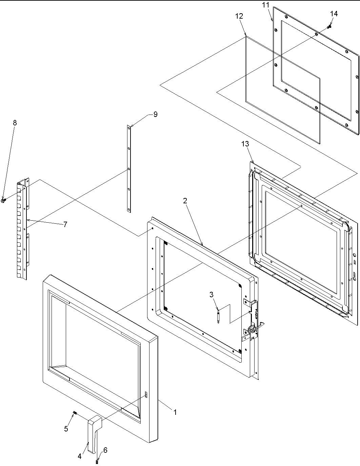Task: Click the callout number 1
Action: click(175, 412)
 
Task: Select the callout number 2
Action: click(185, 201)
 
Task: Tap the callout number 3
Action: click(212, 295)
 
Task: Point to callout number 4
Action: click(80, 456)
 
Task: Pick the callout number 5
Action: click(66, 429)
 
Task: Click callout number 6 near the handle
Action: click(105, 450)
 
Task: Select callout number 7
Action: click(65, 224)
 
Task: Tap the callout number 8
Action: click(15, 123)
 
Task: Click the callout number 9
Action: click(155, 114)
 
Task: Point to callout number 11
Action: click(266, 5)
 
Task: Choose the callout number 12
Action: click(239, 16)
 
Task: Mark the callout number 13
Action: click(245, 144)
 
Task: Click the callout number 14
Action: click(334, 14)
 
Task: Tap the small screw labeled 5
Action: click(75, 412)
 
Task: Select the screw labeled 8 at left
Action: click(3, 201)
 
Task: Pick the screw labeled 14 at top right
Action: click(328, 26)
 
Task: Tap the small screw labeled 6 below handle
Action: click(97, 461)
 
